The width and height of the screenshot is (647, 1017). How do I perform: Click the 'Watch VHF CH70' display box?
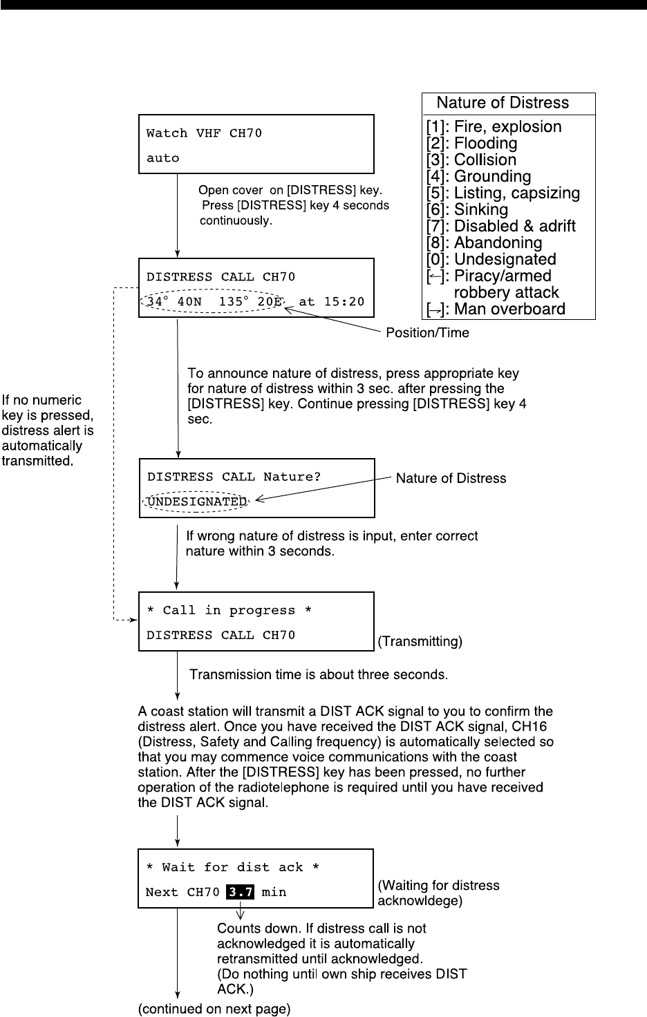tap(256, 144)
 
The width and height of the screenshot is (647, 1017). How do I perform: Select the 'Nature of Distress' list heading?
tap(503, 103)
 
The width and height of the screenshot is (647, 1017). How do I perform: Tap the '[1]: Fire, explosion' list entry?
tap(494, 127)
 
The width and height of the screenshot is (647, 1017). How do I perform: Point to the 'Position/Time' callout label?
tap(427, 333)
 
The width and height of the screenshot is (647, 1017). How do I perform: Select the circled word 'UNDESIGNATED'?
tap(196, 502)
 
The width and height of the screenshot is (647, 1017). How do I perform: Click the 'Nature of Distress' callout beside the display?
tap(451, 478)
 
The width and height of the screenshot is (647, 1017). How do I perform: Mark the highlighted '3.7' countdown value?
tap(241, 892)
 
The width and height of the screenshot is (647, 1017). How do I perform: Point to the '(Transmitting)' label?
tap(420, 642)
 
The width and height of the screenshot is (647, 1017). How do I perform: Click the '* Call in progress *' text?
tap(229, 611)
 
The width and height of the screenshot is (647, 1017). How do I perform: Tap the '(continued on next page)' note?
tap(215, 1009)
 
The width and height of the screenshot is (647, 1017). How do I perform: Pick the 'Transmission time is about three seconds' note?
tap(319, 674)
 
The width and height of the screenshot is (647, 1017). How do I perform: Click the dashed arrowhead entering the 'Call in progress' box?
tap(134, 620)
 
